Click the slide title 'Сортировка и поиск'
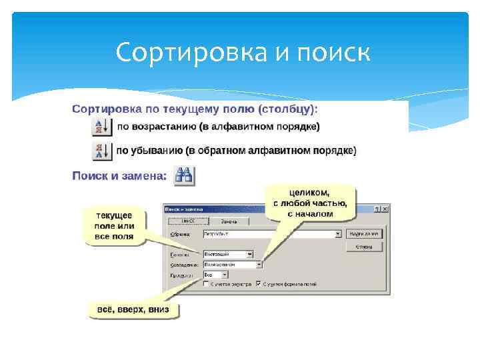click(x=241, y=53)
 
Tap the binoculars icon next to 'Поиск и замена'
click(x=183, y=176)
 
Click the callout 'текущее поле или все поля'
click(x=114, y=226)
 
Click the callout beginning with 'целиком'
click(x=309, y=202)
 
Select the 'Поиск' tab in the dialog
click(x=186, y=221)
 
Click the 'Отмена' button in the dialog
click(x=363, y=246)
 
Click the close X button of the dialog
click(x=385, y=209)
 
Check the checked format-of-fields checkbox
click(x=258, y=283)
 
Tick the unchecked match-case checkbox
click(x=206, y=283)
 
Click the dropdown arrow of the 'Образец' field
click(x=338, y=234)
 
